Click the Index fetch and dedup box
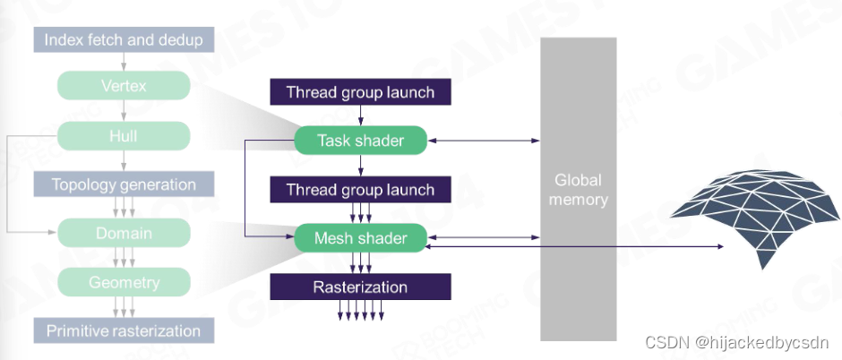click(124, 40)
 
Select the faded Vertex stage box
click(124, 86)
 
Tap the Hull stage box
click(124, 136)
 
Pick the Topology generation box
click(124, 185)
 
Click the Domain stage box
click(124, 234)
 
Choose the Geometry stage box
click(124, 283)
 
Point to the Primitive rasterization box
click(124, 331)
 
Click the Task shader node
click(360, 141)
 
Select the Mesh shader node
click(360, 238)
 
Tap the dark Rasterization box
click(360, 287)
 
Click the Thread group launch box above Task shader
click(360, 92)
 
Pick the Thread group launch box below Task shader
click(360, 190)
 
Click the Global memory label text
click(578, 189)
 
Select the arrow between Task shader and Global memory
click(484, 141)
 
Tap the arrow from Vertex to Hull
click(124, 110)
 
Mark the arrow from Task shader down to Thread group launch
click(360, 165)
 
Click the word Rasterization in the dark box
click(360, 287)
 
